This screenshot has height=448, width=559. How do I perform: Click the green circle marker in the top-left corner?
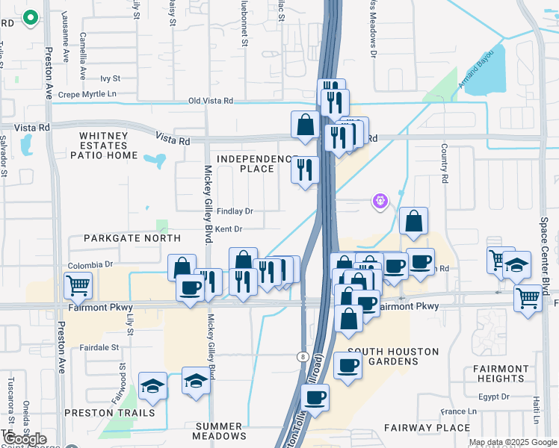pos(31,18)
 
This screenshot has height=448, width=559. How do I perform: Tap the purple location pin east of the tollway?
pos(380,201)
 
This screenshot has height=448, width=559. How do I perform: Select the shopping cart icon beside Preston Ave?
pos(78,285)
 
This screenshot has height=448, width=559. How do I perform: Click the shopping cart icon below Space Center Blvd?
pos(528,298)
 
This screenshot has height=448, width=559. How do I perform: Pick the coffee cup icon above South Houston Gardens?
pos(348,365)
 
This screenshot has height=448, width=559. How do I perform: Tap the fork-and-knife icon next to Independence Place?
pos(305,169)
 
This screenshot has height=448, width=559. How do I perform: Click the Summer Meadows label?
pos(220,430)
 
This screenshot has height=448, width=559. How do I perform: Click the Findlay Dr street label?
pos(234,211)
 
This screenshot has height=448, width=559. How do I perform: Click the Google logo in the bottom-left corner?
pos(25,439)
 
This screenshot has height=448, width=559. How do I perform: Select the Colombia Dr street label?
pos(90,264)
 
